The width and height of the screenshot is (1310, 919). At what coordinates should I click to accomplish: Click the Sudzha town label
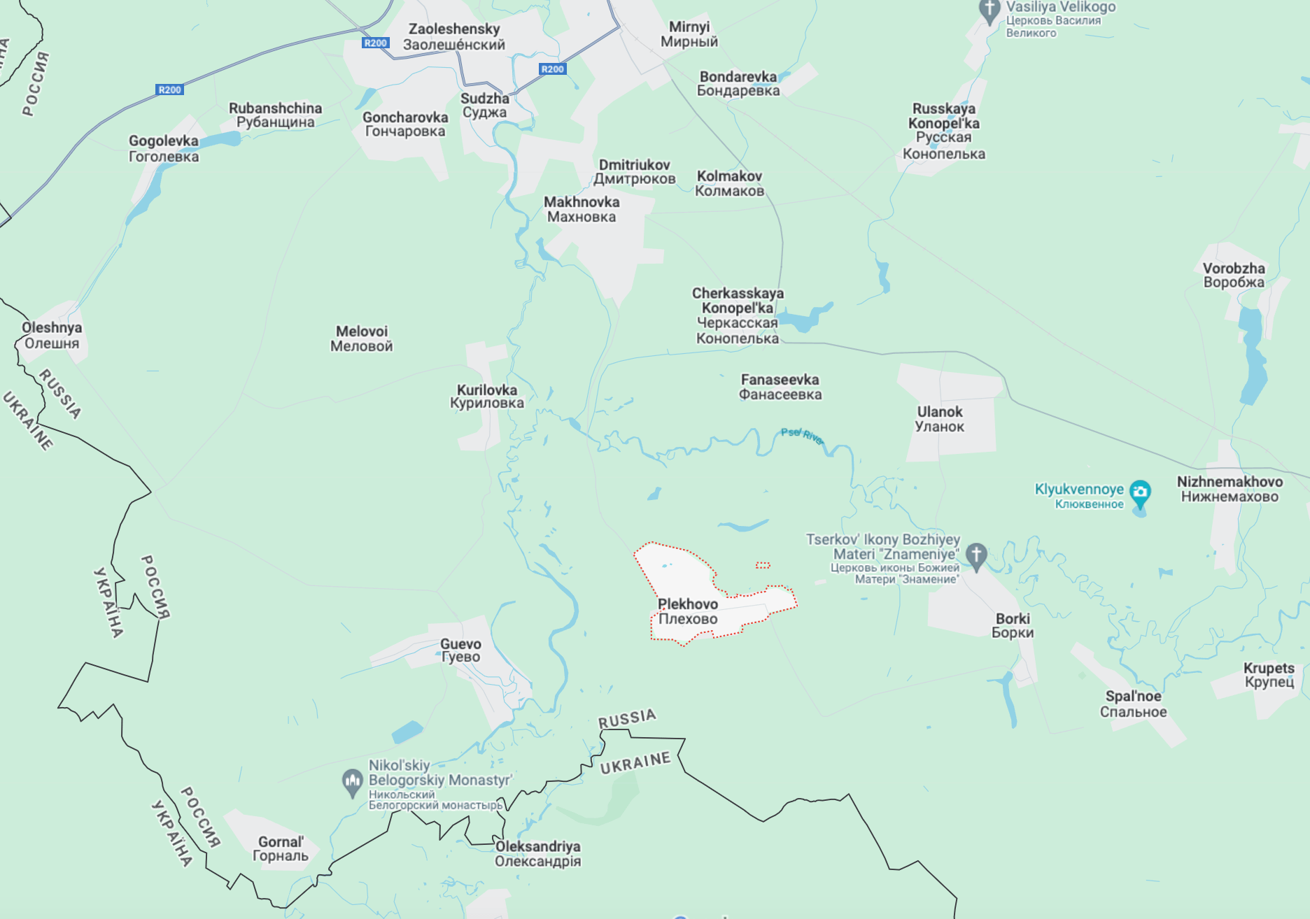484,105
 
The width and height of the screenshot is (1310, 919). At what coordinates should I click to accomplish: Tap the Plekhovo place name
687,611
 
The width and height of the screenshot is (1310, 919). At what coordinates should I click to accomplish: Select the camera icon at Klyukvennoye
1140,492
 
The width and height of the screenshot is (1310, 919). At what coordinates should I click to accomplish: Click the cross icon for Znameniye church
976,555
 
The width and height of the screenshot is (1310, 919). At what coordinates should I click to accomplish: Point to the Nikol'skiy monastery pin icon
352,781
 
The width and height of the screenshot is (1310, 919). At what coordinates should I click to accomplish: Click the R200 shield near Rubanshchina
169,90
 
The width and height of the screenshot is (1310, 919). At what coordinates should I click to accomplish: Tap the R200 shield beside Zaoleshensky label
376,43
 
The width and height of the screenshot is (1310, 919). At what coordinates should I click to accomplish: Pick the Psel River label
802,436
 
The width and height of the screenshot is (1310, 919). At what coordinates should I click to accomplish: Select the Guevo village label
460,650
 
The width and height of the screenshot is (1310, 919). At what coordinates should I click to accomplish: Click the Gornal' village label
280,848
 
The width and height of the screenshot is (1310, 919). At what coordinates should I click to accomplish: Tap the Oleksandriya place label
537,853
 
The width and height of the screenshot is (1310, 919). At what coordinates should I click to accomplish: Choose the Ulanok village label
939,419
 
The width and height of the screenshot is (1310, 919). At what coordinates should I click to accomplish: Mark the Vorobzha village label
1233,275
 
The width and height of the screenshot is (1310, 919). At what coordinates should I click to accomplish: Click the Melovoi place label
361,339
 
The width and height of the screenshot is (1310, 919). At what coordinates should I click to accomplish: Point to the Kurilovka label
486,396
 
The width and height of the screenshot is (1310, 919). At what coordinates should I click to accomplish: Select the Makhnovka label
581,209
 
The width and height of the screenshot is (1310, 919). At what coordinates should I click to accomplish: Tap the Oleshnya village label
51,335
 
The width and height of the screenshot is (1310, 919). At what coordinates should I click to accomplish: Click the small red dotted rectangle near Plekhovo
763,565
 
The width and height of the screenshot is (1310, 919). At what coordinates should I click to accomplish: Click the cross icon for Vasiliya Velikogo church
989,10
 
